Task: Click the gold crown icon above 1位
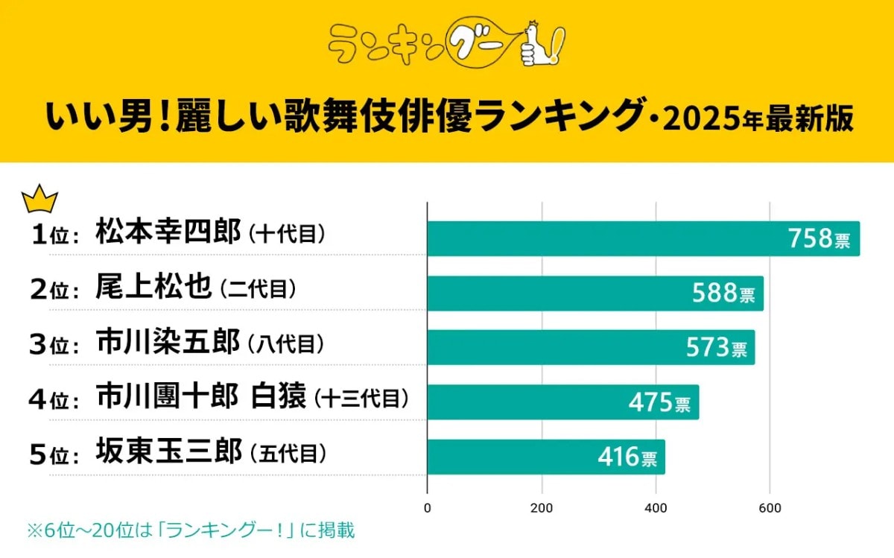coord(40,200)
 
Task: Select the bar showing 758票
coord(643,238)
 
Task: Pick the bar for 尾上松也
coord(595,293)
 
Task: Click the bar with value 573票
coord(590,347)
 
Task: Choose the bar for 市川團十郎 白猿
coord(562,402)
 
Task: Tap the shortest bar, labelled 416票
coord(545,457)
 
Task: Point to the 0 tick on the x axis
coord(427,509)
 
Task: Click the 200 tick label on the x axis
coord(542,509)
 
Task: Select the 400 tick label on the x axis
coord(656,509)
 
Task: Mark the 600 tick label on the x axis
coord(770,509)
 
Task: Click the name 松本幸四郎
coord(168,232)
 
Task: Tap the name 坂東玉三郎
coord(168,451)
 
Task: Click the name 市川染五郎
coord(168,342)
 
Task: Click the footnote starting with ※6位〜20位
coord(191,530)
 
